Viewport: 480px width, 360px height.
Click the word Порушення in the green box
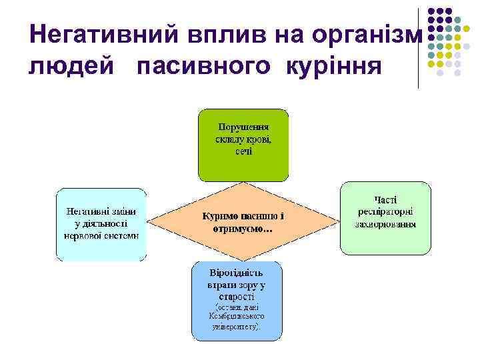[x=243, y=127]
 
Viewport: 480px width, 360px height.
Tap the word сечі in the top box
[x=243, y=151]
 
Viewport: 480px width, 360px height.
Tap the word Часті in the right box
[x=385, y=199]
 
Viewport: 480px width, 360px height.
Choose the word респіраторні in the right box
[x=386, y=211]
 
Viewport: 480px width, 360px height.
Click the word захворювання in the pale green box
[x=386, y=224]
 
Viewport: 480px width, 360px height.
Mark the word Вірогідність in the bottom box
[x=236, y=273]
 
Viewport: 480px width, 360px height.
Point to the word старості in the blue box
[x=236, y=296]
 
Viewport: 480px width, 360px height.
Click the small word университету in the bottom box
[x=237, y=327]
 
